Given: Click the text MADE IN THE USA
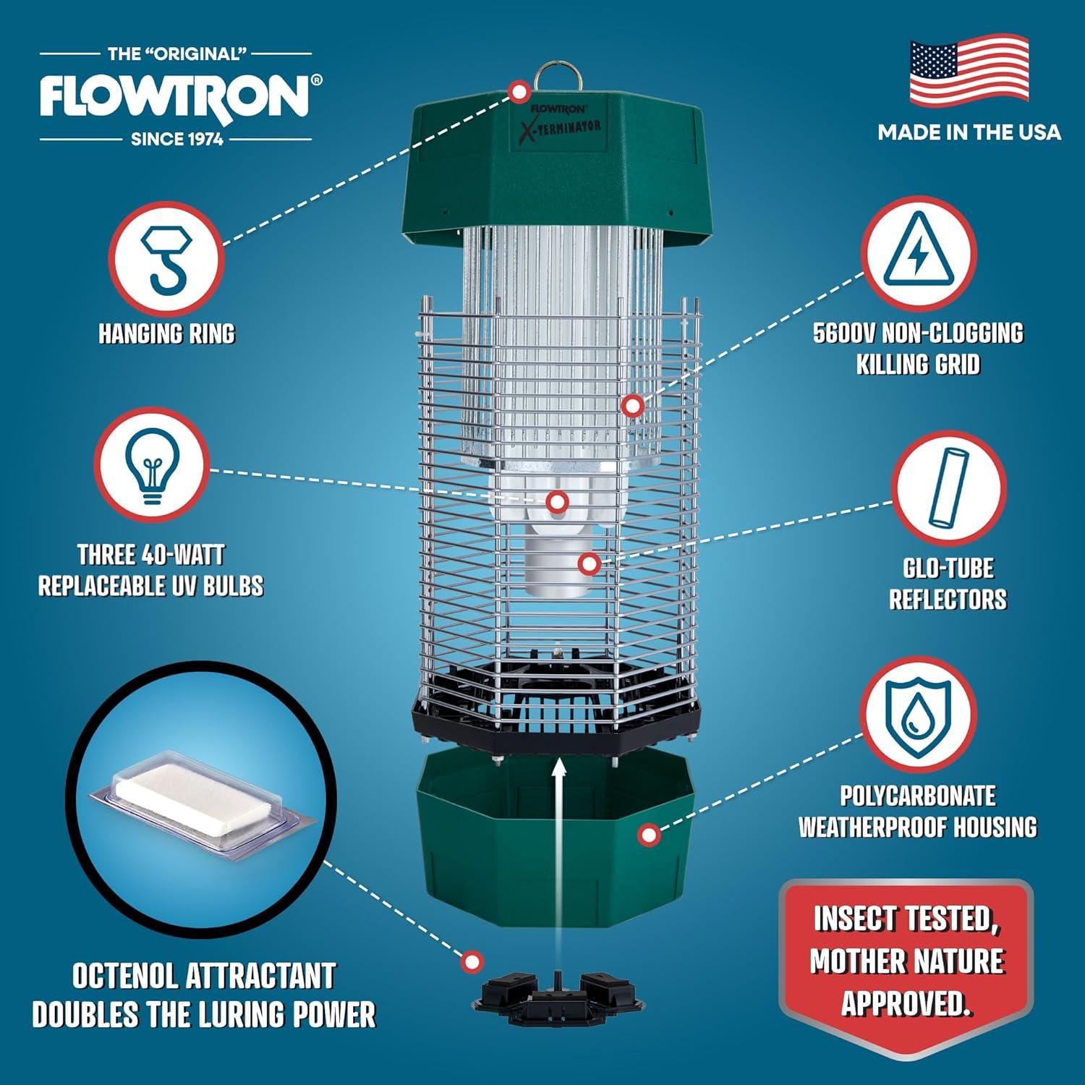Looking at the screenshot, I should pos(969,132).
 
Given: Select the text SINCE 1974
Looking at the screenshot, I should pos(176,139).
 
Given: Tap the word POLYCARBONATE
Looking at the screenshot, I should pos(917,796).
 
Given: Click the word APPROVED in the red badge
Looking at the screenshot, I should pos(906,1003).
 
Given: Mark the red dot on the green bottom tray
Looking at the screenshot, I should pos(649,835).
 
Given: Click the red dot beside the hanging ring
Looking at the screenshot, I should pos(519,92).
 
